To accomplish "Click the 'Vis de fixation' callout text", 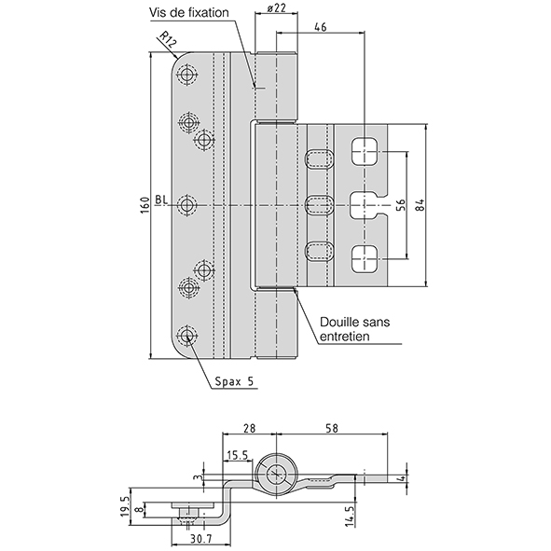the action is point(189,13).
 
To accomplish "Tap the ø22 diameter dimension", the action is point(277,8).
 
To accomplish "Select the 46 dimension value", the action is point(320,27).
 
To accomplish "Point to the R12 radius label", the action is point(168,40).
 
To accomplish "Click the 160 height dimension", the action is point(145,205).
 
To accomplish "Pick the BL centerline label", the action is point(161,200).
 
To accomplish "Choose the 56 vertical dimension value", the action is point(401,205).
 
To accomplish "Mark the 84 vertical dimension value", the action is point(420,205).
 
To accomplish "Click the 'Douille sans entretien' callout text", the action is point(354,329).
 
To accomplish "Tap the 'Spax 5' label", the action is point(234,381).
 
